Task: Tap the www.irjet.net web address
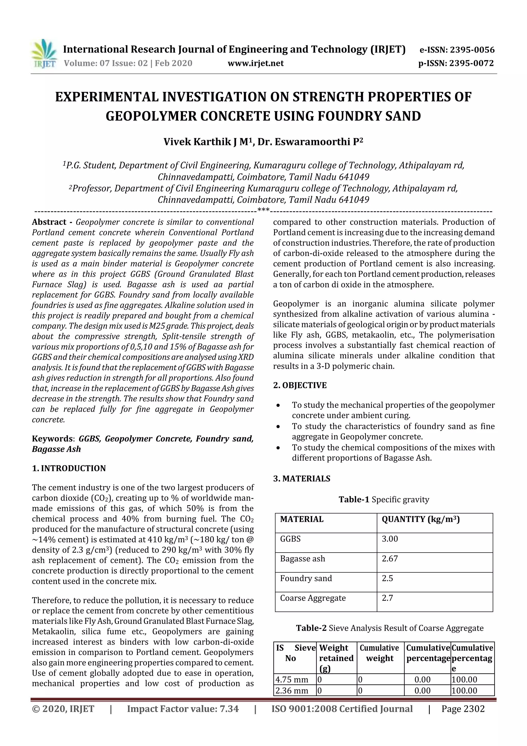[x=256, y=63]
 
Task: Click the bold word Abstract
[x=49, y=222]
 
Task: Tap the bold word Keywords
[x=52, y=439]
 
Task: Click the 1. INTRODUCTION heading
[x=69, y=468]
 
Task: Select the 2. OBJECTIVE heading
[x=300, y=385]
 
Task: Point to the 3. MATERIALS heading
[x=302, y=479]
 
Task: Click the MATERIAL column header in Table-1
[x=302, y=519]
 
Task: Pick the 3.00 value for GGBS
[x=390, y=539]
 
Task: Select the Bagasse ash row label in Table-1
[x=302, y=559]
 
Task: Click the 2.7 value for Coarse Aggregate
[x=387, y=598]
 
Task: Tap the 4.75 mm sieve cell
[x=292, y=679]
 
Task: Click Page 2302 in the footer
[x=463, y=709]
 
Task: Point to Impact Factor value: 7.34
[x=183, y=709]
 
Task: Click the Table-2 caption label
[x=311, y=628]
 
